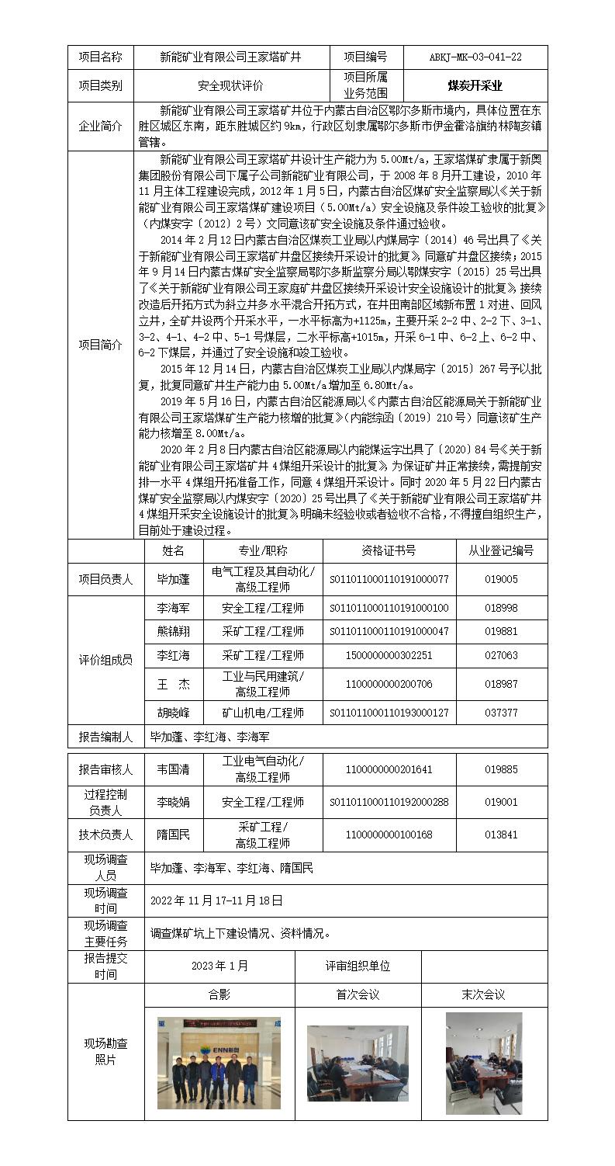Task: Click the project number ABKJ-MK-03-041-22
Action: (475, 57)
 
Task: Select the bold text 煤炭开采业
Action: (475, 85)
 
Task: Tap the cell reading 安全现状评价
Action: (230, 86)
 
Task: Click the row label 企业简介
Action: (100, 126)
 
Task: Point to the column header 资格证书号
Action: (389, 550)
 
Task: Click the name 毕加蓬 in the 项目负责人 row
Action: (173, 579)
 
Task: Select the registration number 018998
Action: (500, 608)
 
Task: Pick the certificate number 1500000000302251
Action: (389, 655)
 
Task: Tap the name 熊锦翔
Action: (173, 631)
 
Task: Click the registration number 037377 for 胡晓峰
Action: (500, 713)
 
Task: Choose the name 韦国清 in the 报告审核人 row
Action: (173, 770)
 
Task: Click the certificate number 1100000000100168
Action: (389, 835)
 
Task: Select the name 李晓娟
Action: (173, 802)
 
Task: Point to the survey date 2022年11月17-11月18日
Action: (216, 901)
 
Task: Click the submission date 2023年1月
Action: (220, 966)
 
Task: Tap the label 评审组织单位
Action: (358, 966)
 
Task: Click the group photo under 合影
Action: (208, 1063)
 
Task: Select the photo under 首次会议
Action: (358, 1063)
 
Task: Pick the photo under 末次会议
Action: (483, 1063)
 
